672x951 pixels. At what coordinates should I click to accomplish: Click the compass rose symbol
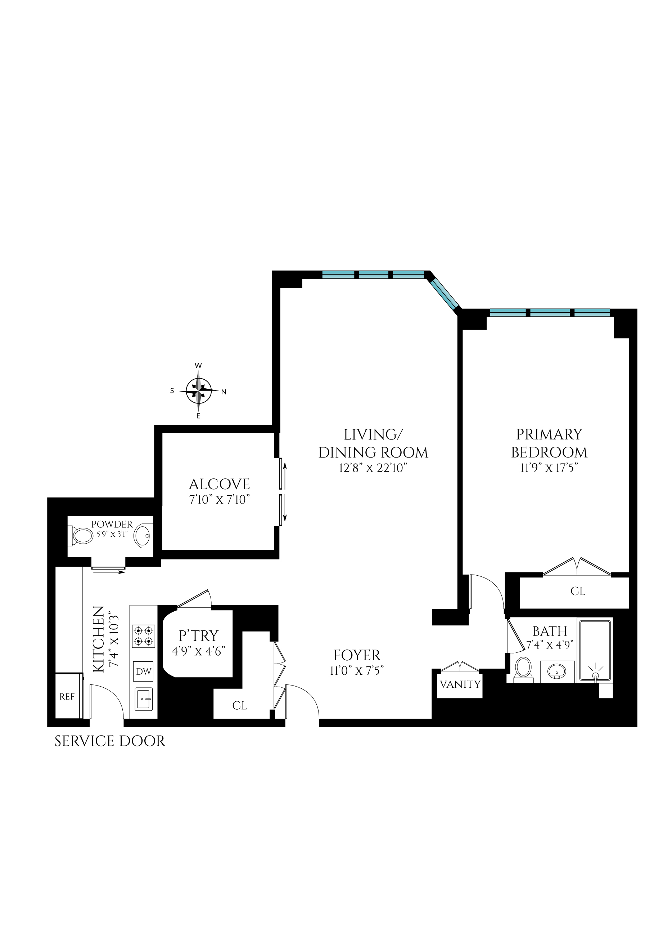click(199, 390)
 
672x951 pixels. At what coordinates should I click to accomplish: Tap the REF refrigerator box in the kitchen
click(67, 697)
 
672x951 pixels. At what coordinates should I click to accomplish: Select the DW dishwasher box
click(144, 671)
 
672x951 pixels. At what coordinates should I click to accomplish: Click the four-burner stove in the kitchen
click(144, 636)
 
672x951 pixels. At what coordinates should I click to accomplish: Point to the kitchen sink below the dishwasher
click(144, 699)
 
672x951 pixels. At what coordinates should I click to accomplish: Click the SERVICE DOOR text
click(110, 741)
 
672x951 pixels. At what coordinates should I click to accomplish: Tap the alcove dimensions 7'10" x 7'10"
click(219, 500)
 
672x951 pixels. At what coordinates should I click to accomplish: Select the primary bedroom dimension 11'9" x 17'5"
click(549, 468)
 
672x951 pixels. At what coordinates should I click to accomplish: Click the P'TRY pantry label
click(198, 635)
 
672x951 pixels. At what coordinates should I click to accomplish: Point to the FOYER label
click(357, 655)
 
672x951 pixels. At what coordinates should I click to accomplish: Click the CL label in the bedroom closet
click(578, 591)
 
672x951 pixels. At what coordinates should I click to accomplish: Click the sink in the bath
click(557, 671)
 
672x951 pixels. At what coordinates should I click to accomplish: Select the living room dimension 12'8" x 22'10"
click(373, 468)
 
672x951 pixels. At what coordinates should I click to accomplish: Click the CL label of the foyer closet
click(240, 705)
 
